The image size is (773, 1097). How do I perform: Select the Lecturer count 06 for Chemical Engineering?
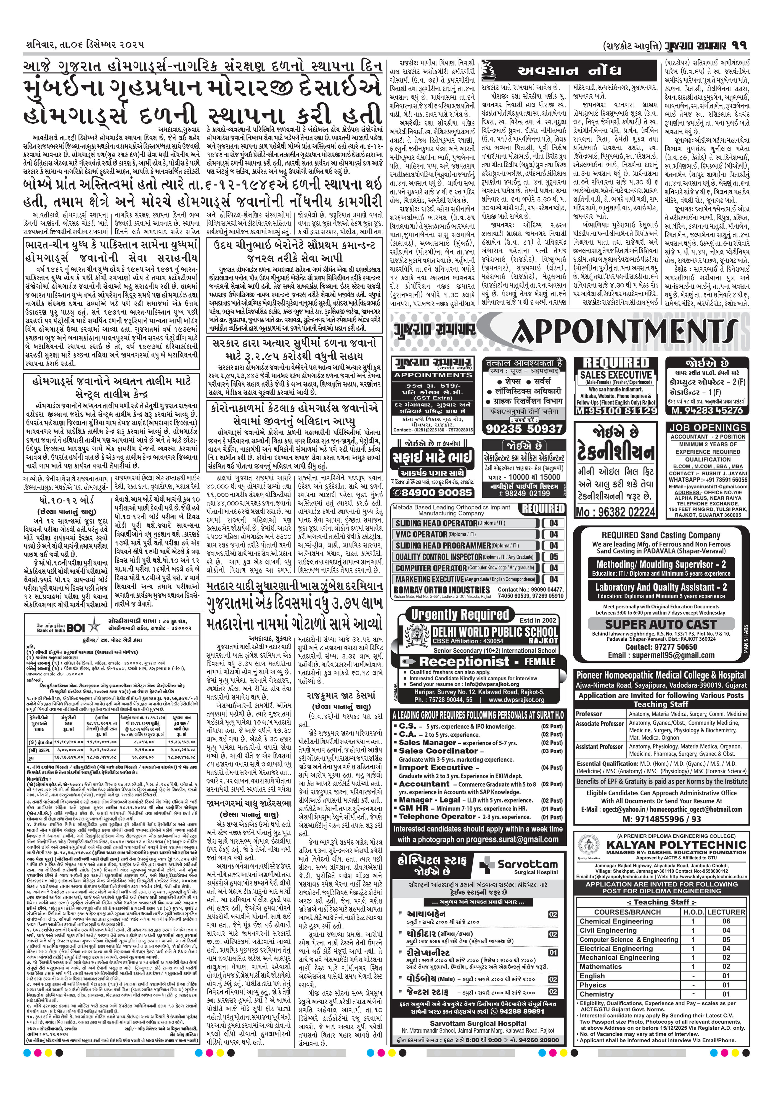[726, 921]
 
